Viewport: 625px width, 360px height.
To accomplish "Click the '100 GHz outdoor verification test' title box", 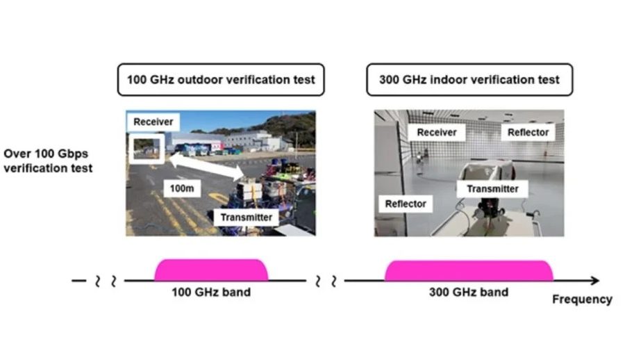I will pos(221,80).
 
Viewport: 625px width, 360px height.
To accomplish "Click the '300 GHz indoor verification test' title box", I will pos(469,80).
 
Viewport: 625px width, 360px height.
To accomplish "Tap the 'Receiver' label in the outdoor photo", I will pos(153,122).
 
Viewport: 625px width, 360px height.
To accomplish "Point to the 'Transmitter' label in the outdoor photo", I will pos(246,217).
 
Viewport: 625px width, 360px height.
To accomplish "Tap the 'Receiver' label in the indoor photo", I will pos(437,132).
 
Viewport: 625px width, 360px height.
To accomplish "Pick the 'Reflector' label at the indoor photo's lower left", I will pos(406,204).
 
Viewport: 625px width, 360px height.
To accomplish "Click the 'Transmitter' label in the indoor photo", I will pos(492,188).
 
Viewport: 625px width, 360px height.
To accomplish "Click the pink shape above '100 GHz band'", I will pos(210,270).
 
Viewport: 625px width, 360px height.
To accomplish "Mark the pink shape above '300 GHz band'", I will pos(469,270).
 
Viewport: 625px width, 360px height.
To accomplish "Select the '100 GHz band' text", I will pos(210,292).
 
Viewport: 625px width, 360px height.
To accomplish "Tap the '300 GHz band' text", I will pos(469,292).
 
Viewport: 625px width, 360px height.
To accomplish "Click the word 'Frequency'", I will pos(582,300).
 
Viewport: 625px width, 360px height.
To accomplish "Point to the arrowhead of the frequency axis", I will pos(594,281).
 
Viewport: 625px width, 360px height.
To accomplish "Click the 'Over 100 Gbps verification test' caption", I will pos(48,160).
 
